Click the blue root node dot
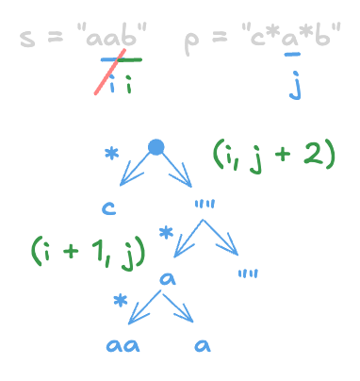(x=156, y=147)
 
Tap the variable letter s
(x=27, y=41)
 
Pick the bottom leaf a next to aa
(x=202, y=345)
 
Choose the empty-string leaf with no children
(x=249, y=273)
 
